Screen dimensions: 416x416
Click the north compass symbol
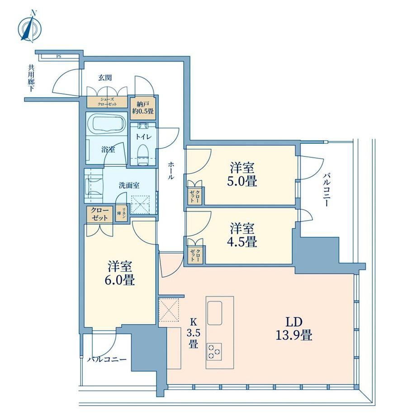pyautogui.click(x=30, y=27)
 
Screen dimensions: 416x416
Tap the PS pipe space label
pyautogui.click(x=58, y=56)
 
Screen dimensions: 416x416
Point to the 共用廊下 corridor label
pyautogui.click(x=31, y=79)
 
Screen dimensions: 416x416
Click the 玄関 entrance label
pyautogui.click(x=105, y=77)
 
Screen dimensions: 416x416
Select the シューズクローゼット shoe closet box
pyautogui.click(x=107, y=101)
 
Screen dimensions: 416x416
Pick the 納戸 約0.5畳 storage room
pyautogui.click(x=143, y=108)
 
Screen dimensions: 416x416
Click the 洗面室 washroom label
pyautogui.click(x=129, y=185)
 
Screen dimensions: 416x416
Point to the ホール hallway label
pyautogui.click(x=171, y=171)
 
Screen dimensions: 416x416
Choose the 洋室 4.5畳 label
pyautogui.click(x=242, y=235)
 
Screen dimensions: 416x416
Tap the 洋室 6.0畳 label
pyautogui.click(x=120, y=273)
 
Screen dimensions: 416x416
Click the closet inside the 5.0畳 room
pyautogui.click(x=195, y=196)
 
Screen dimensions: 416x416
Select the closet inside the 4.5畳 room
pyautogui.click(x=195, y=255)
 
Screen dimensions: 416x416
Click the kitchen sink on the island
pyautogui.click(x=215, y=313)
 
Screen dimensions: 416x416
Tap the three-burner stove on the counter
pyautogui.click(x=214, y=352)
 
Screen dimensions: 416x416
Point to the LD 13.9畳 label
pyautogui.click(x=294, y=329)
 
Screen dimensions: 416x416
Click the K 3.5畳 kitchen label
pyautogui.click(x=193, y=333)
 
